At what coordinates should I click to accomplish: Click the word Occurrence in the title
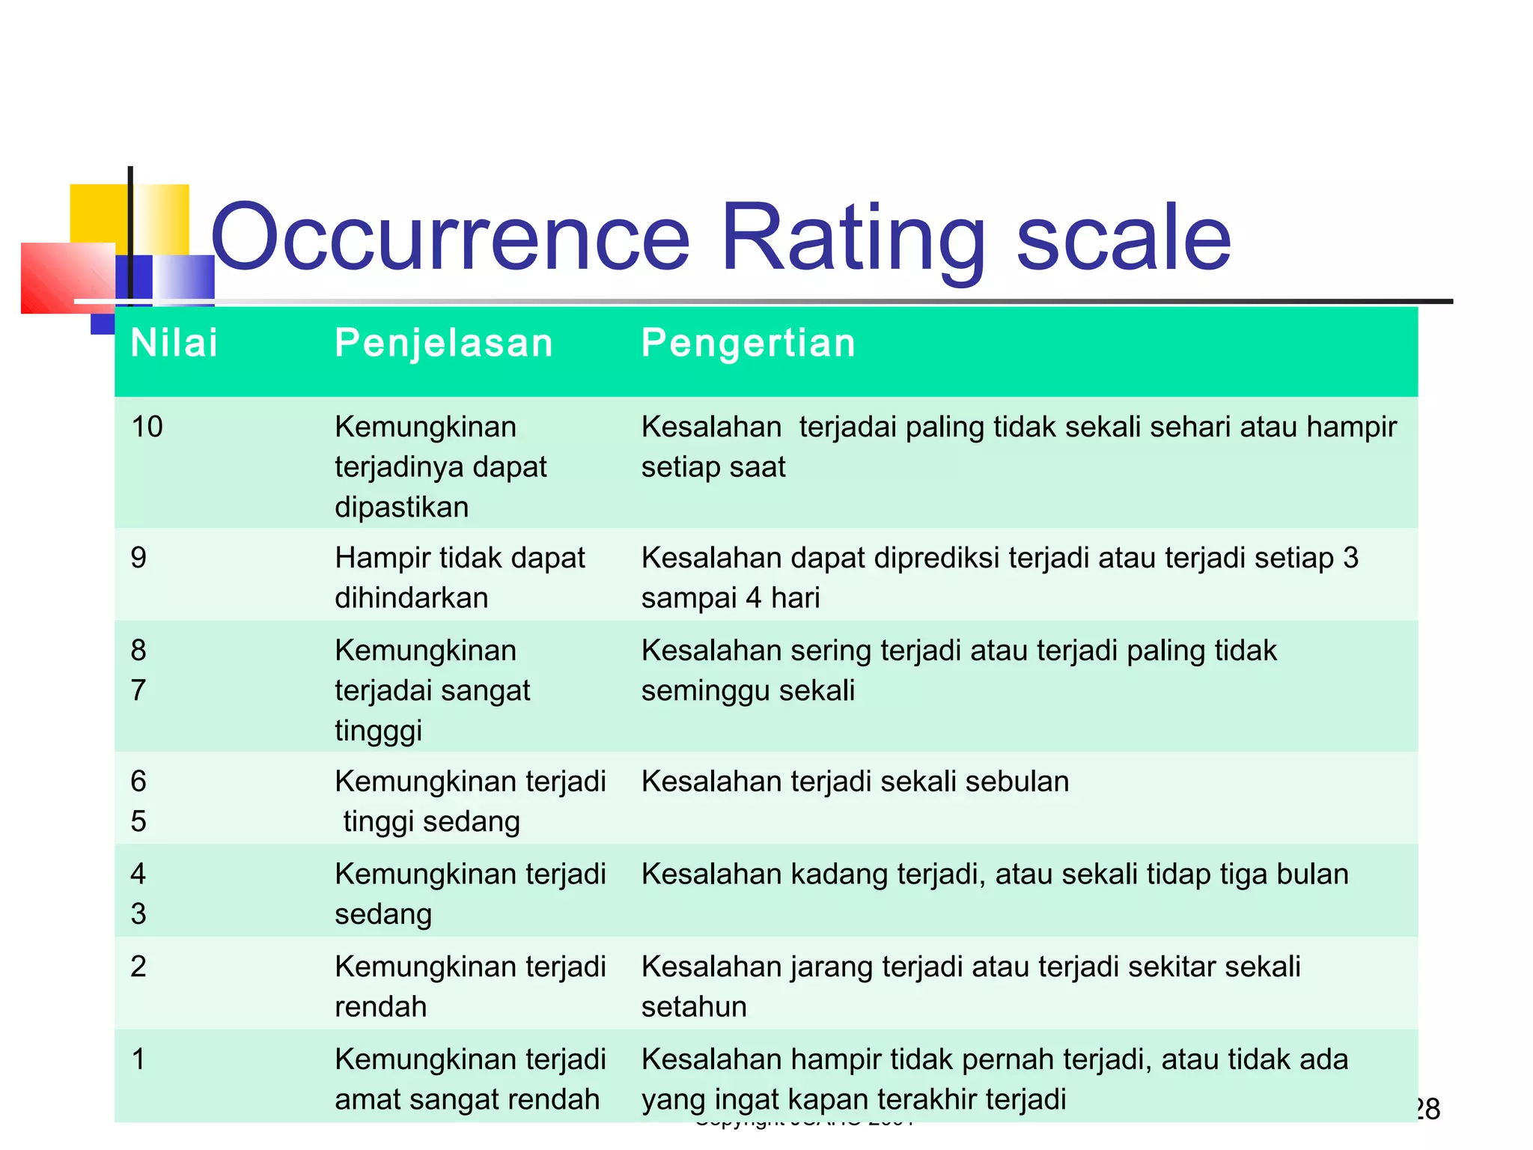click(450, 238)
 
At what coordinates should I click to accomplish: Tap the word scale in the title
click(1123, 238)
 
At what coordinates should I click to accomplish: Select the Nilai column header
click(174, 344)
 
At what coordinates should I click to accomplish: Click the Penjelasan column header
click(443, 344)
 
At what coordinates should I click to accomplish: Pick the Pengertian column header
click(748, 344)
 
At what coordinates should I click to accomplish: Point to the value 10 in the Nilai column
click(147, 427)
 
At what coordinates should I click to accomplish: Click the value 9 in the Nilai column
click(138, 558)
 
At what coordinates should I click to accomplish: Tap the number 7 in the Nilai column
click(138, 690)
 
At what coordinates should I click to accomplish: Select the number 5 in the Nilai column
click(138, 821)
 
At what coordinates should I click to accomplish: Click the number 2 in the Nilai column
click(138, 967)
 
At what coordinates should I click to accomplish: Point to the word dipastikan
click(401, 508)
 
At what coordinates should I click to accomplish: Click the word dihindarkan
click(411, 598)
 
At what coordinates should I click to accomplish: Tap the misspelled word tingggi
click(378, 731)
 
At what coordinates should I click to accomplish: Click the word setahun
click(694, 1007)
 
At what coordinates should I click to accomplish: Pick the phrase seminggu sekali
click(747, 690)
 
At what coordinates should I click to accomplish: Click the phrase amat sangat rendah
click(467, 1100)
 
